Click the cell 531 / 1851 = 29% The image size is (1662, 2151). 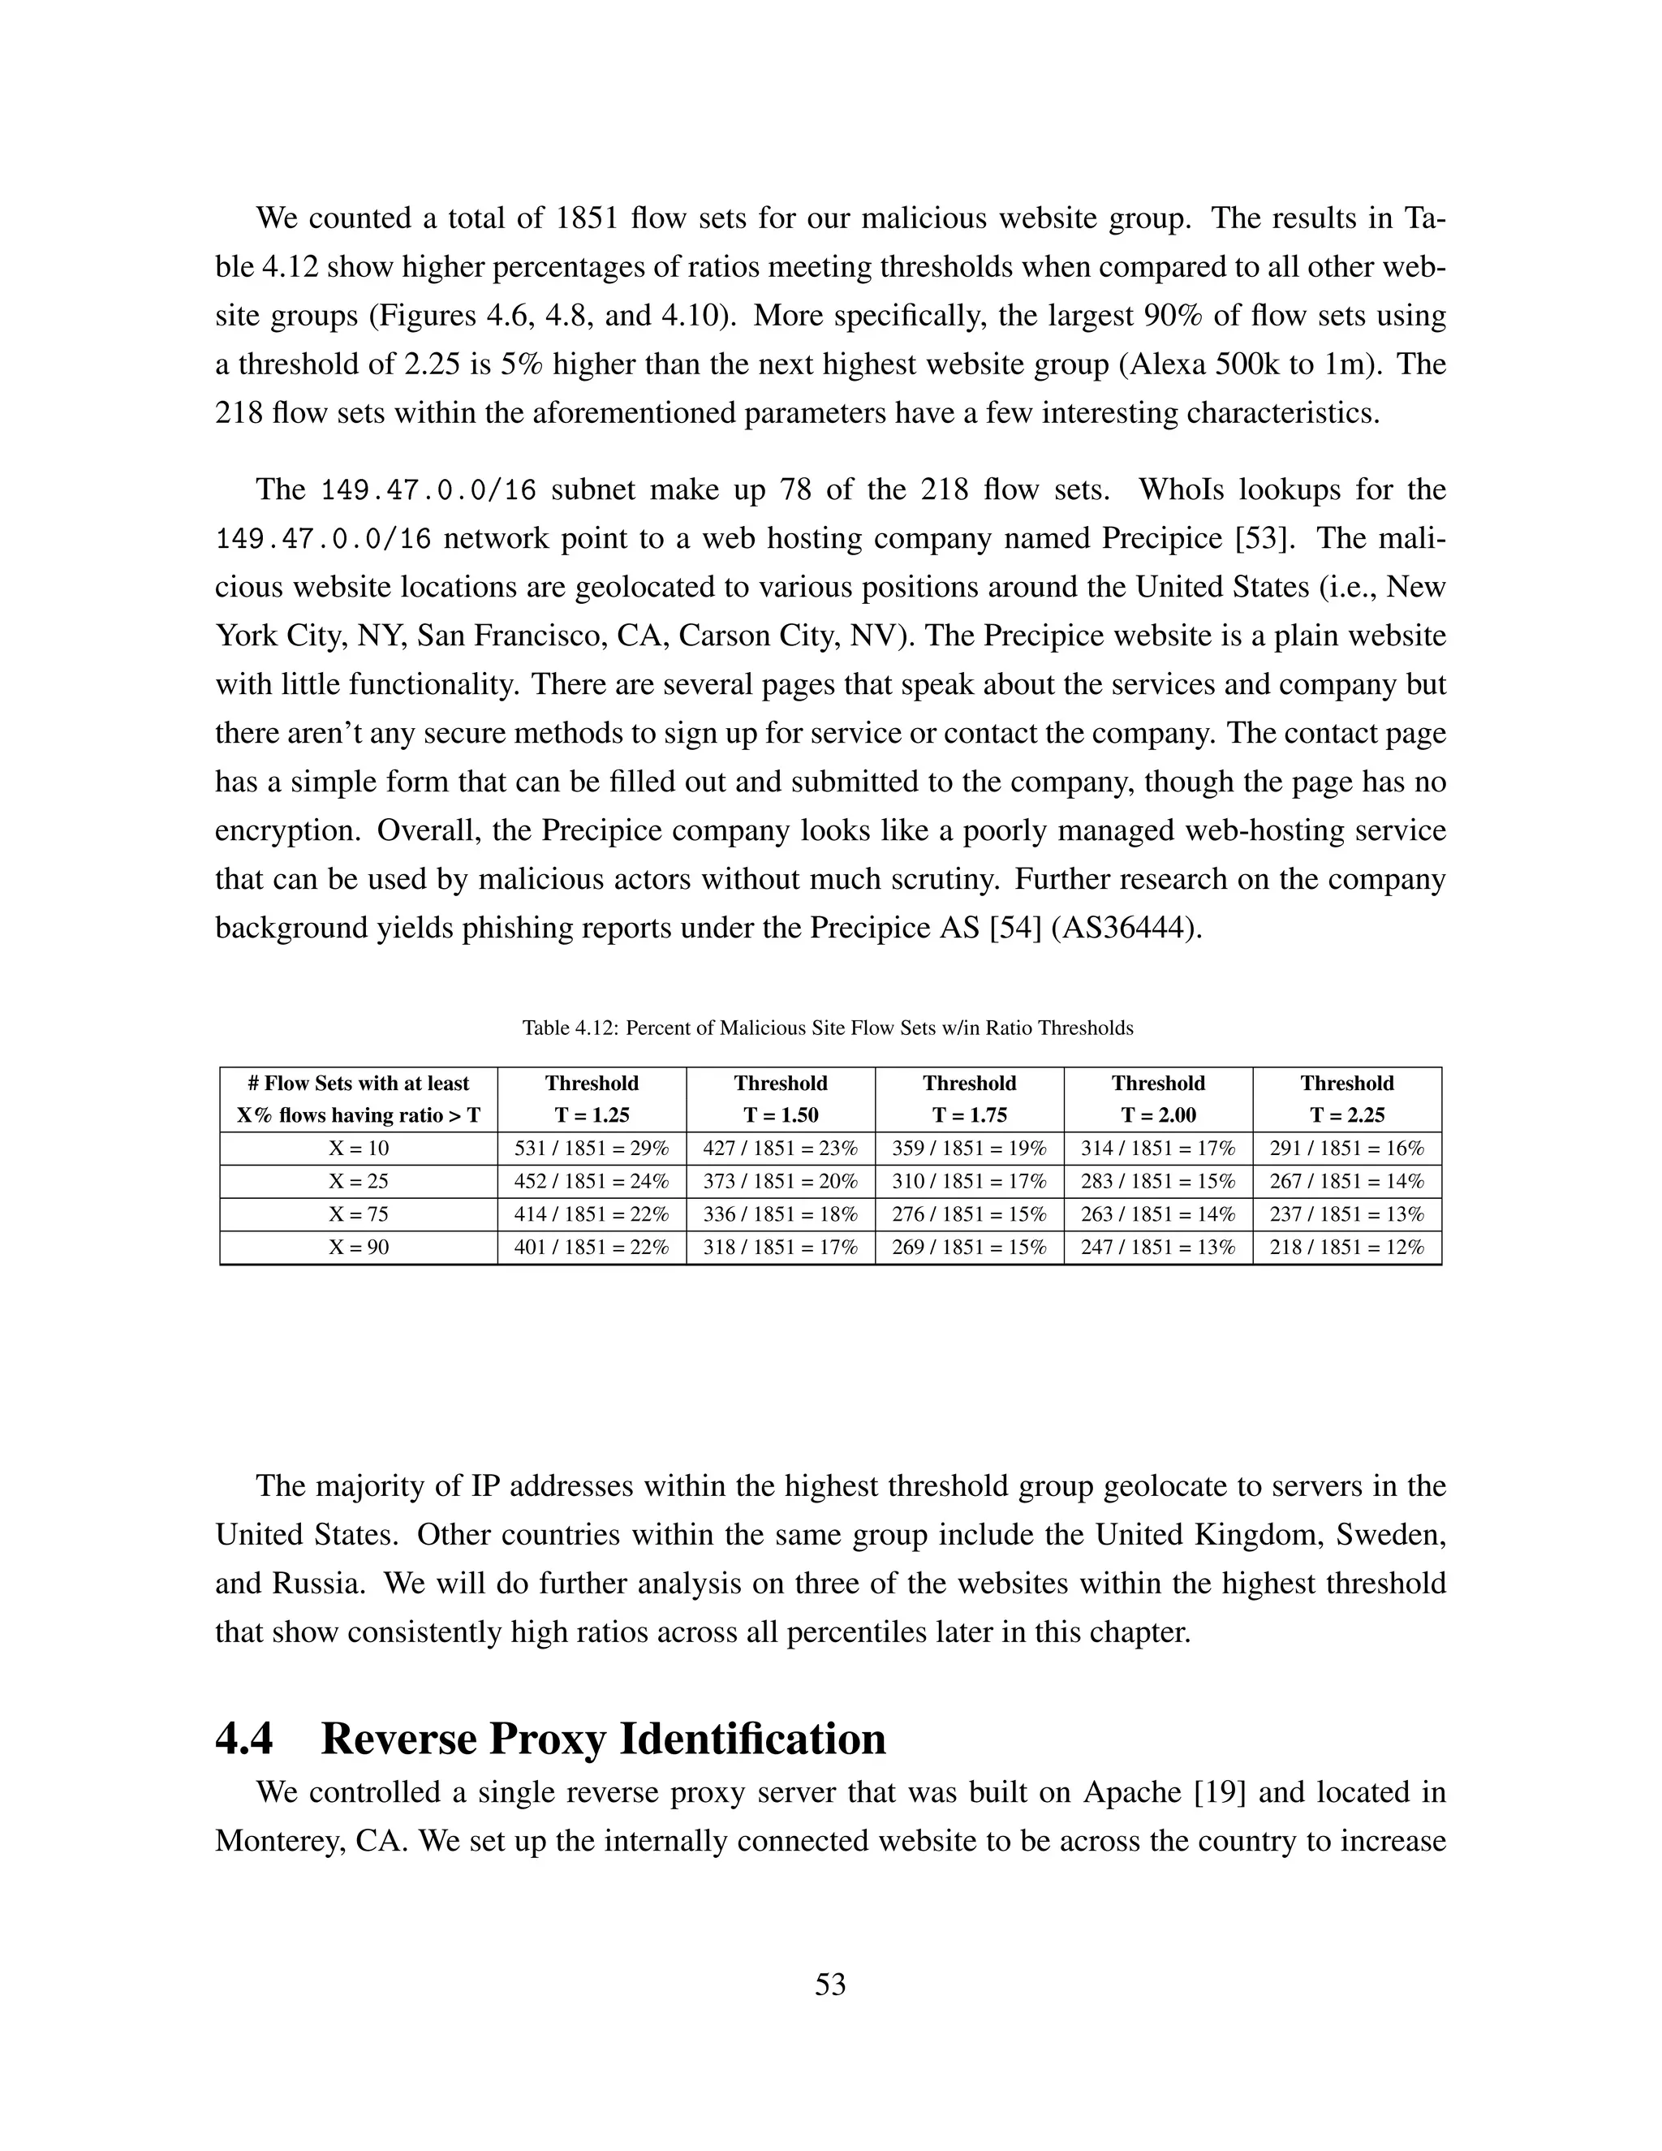click(x=592, y=1149)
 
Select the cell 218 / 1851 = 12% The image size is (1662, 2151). click(x=1347, y=1247)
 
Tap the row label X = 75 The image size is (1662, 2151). click(x=359, y=1214)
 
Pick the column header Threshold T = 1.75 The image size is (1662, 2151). click(x=969, y=1099)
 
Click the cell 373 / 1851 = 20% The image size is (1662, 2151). click(x=780, y=1181)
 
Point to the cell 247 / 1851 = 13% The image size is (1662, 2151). click(x=1158, y=1247)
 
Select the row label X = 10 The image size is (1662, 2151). click(x=359, y=1149)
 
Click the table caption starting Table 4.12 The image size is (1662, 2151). click(x=827, y=1028)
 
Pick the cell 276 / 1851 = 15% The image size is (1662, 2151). click(x=969, y=1214)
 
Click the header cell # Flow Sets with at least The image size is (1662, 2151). click(x=359, y=1084)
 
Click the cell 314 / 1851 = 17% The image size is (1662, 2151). click(x=1158, y=1149)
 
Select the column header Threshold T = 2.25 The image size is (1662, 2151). click(x=1347, y=1099)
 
